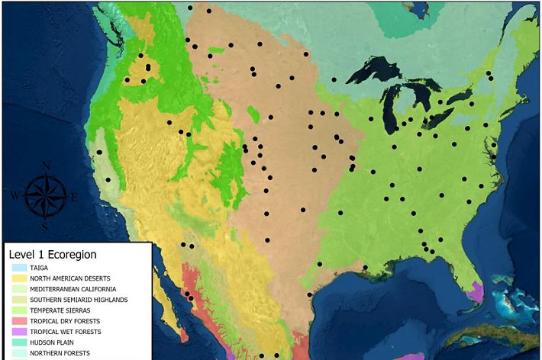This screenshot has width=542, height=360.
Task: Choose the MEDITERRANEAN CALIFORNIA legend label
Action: [x=73, y=289]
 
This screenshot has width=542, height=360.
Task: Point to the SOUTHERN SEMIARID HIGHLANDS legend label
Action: [x=79, y=300]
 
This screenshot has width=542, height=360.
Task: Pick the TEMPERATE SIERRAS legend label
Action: [x=60, y=310]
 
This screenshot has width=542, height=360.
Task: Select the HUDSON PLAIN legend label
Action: [x=51, y=342]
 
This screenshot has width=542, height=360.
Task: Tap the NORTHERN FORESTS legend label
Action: [x=60, y=353]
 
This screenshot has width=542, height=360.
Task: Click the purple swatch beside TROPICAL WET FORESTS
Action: [x=18, y=332]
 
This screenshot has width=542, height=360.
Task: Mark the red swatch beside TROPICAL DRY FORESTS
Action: [x=18, y=321]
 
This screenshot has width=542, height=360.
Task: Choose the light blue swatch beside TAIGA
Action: [x=18, y=268]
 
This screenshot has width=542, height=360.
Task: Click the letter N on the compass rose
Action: [x=45, y=166]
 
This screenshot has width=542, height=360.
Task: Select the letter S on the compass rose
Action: [x=45, y=227]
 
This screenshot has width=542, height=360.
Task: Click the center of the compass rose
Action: [x=45, y=196]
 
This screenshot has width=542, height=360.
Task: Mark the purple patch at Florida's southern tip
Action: [x=476, y=291]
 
